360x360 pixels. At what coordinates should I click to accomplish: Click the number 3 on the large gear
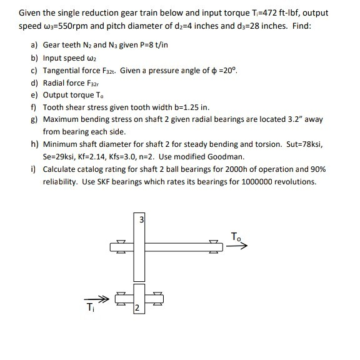[141, 219]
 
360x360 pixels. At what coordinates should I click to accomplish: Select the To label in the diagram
[235, 236]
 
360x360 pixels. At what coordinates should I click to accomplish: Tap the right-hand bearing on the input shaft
[157, 298]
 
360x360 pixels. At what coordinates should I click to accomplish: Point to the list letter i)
[34, 169]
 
